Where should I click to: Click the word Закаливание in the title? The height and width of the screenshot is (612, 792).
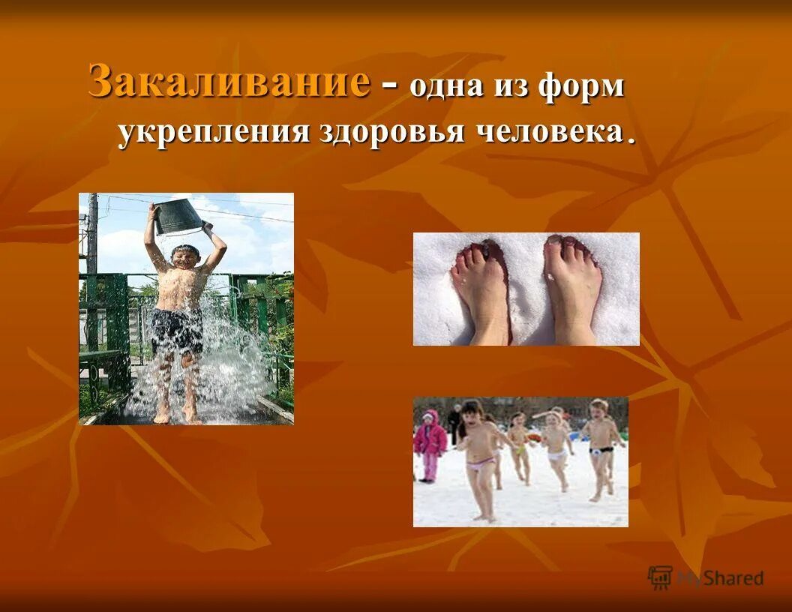229,81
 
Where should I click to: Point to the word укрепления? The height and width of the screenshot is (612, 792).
214,132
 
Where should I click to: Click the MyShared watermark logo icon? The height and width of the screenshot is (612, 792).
660,577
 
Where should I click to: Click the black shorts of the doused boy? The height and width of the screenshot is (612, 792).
176,331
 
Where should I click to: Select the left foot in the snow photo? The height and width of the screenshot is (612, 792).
482,289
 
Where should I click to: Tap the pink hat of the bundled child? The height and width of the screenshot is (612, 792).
429,417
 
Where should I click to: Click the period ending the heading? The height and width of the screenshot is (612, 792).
631,139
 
